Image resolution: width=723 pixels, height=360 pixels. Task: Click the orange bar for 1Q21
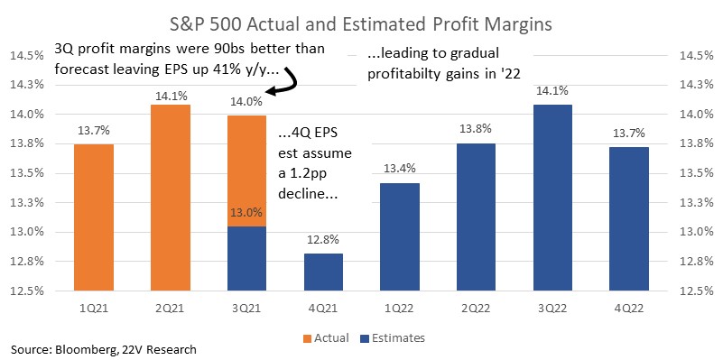[x=94, y=217]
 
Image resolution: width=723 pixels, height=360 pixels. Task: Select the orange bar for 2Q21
[x=171, y=198]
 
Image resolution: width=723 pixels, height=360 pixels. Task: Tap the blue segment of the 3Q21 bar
[x=246, y=259]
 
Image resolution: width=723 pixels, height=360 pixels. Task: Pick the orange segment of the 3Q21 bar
[x=246, y=171]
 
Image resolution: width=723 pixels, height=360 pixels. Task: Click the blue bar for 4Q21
[x=323, y=272]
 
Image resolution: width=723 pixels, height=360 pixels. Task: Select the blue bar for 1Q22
[x=400, y=237]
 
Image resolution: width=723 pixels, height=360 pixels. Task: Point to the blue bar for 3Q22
[x=552, y=198]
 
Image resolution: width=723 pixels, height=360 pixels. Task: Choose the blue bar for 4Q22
[x=629, y=219]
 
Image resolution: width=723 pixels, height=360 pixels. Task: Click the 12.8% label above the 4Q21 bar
[x=323, y=240]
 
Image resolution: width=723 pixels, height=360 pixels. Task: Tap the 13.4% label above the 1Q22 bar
[x=400, y=168]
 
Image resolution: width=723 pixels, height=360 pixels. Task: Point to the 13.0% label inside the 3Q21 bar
[x=246, y=213]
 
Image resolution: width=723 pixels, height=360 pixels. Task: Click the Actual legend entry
[x=326, y=337]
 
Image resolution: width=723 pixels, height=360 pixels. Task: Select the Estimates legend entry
[x=392, y=337]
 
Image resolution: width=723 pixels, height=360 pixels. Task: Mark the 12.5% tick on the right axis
[x=695, y=291]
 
